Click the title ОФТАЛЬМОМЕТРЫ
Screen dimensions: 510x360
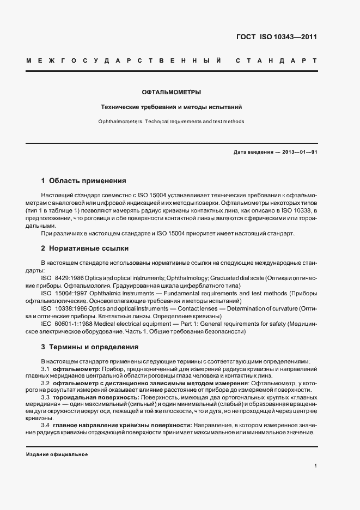[x=172, y=93]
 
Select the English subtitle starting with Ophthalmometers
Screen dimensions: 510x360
[x=172, y=122]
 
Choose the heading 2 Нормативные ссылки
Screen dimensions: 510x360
[x=86, y=248]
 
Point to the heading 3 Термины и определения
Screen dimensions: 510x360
[x=90, y=347]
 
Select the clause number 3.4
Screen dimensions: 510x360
[x=46, y=424]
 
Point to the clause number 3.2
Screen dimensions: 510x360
[x=46, y=383]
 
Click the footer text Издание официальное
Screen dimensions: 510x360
[x=57, y=454]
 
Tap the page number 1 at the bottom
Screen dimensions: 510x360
[x=315, y=465]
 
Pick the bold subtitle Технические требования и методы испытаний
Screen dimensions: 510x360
[x=172, y=107]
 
